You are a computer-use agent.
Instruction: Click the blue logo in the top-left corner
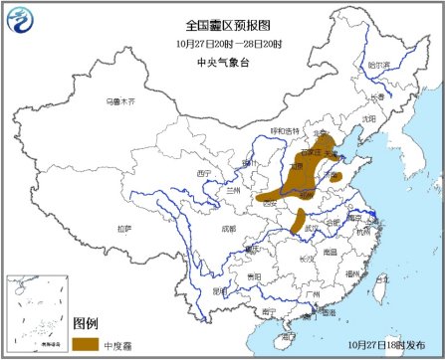tap(21, 21)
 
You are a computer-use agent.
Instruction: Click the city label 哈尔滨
tap(379, 64)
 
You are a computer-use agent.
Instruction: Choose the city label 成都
tap(230, 228)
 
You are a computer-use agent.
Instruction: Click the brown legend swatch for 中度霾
tap(86, 344)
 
